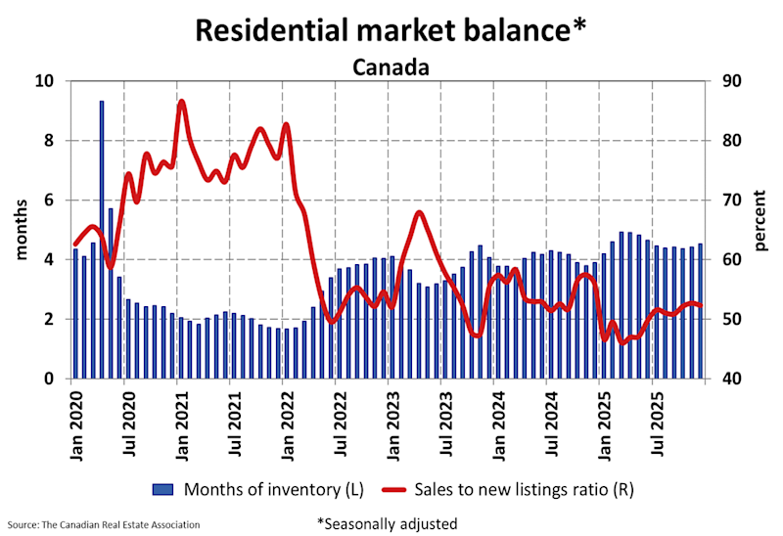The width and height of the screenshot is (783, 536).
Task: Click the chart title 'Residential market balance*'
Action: pos(391,29)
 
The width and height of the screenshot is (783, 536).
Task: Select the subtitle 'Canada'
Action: pos(391,67)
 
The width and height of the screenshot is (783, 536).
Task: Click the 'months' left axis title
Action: pos(21,230)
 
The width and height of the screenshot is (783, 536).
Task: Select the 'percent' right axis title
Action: pos(759,230)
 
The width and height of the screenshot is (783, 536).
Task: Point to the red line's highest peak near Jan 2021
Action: pos(182,102)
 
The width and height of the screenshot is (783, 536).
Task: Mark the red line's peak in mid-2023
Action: pos(419,212)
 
